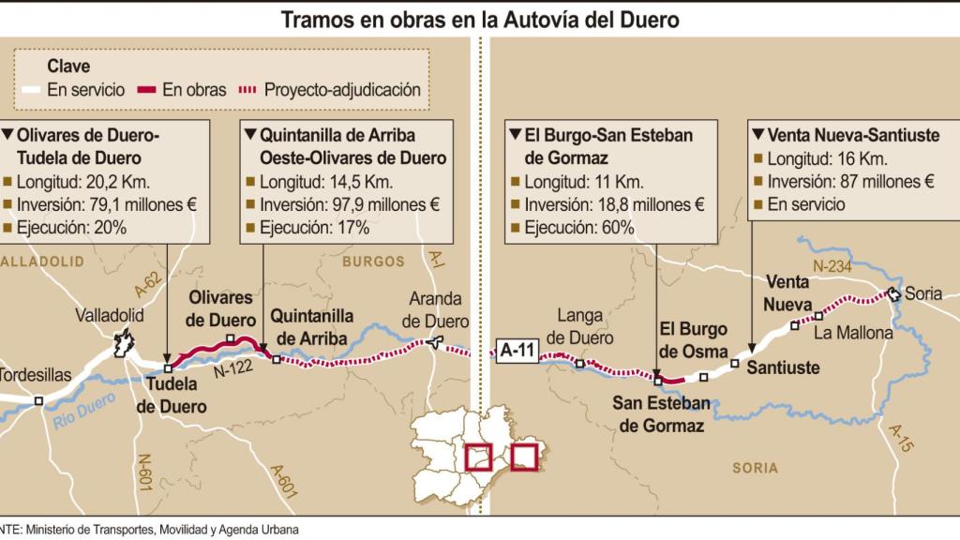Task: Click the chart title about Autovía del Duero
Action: point(480,19)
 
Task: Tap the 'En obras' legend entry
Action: point(183,90)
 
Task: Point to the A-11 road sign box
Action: point(517,352)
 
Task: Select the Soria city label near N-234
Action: point(924,293)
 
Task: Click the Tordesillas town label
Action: point(34,374)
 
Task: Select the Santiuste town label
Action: point(783,367)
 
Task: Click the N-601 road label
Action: point(146,473)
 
